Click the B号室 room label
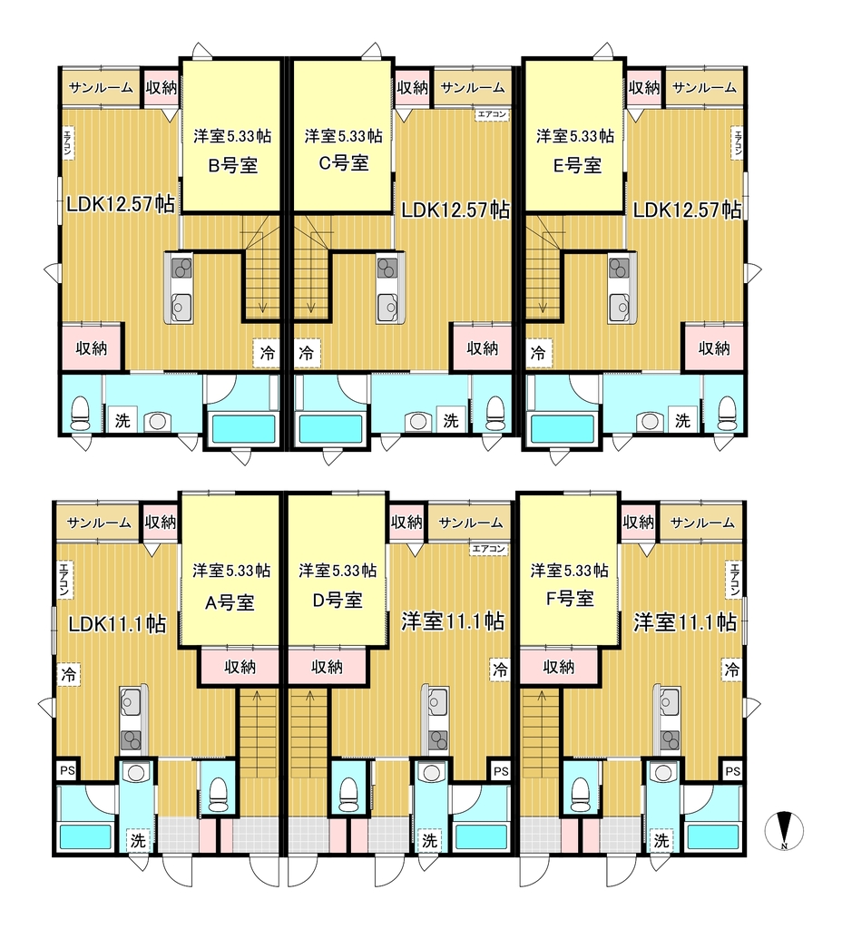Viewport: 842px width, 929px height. [x=233, y=165]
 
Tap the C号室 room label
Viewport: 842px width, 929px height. [x=344, y=163]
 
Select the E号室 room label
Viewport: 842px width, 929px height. [x=577, y=165]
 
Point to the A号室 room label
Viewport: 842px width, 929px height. [x=230, y=602]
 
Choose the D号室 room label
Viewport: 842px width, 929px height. [x=338, y=600]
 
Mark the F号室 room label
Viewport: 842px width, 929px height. [x=570, y=598]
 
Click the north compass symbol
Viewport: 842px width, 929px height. [x=784, y=829]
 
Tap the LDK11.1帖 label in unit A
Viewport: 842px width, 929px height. [x=117, y=624]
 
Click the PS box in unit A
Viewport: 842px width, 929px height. [x=67, y=770]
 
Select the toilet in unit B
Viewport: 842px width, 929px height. [x=79, y=413]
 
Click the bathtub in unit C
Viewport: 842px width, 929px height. [x=330, y=429]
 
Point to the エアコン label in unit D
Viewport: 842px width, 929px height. [x=489, y=549]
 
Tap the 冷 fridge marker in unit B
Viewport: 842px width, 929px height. [x=268, y=353]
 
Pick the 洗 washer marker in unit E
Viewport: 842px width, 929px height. [x=682, y=420]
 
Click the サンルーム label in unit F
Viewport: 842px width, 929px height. [x=703, y=523]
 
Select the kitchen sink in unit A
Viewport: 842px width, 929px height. [x=130, y=703]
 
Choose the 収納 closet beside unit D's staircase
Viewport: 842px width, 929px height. [x=327, y=667]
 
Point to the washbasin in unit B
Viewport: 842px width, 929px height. [x=157, y=421]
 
